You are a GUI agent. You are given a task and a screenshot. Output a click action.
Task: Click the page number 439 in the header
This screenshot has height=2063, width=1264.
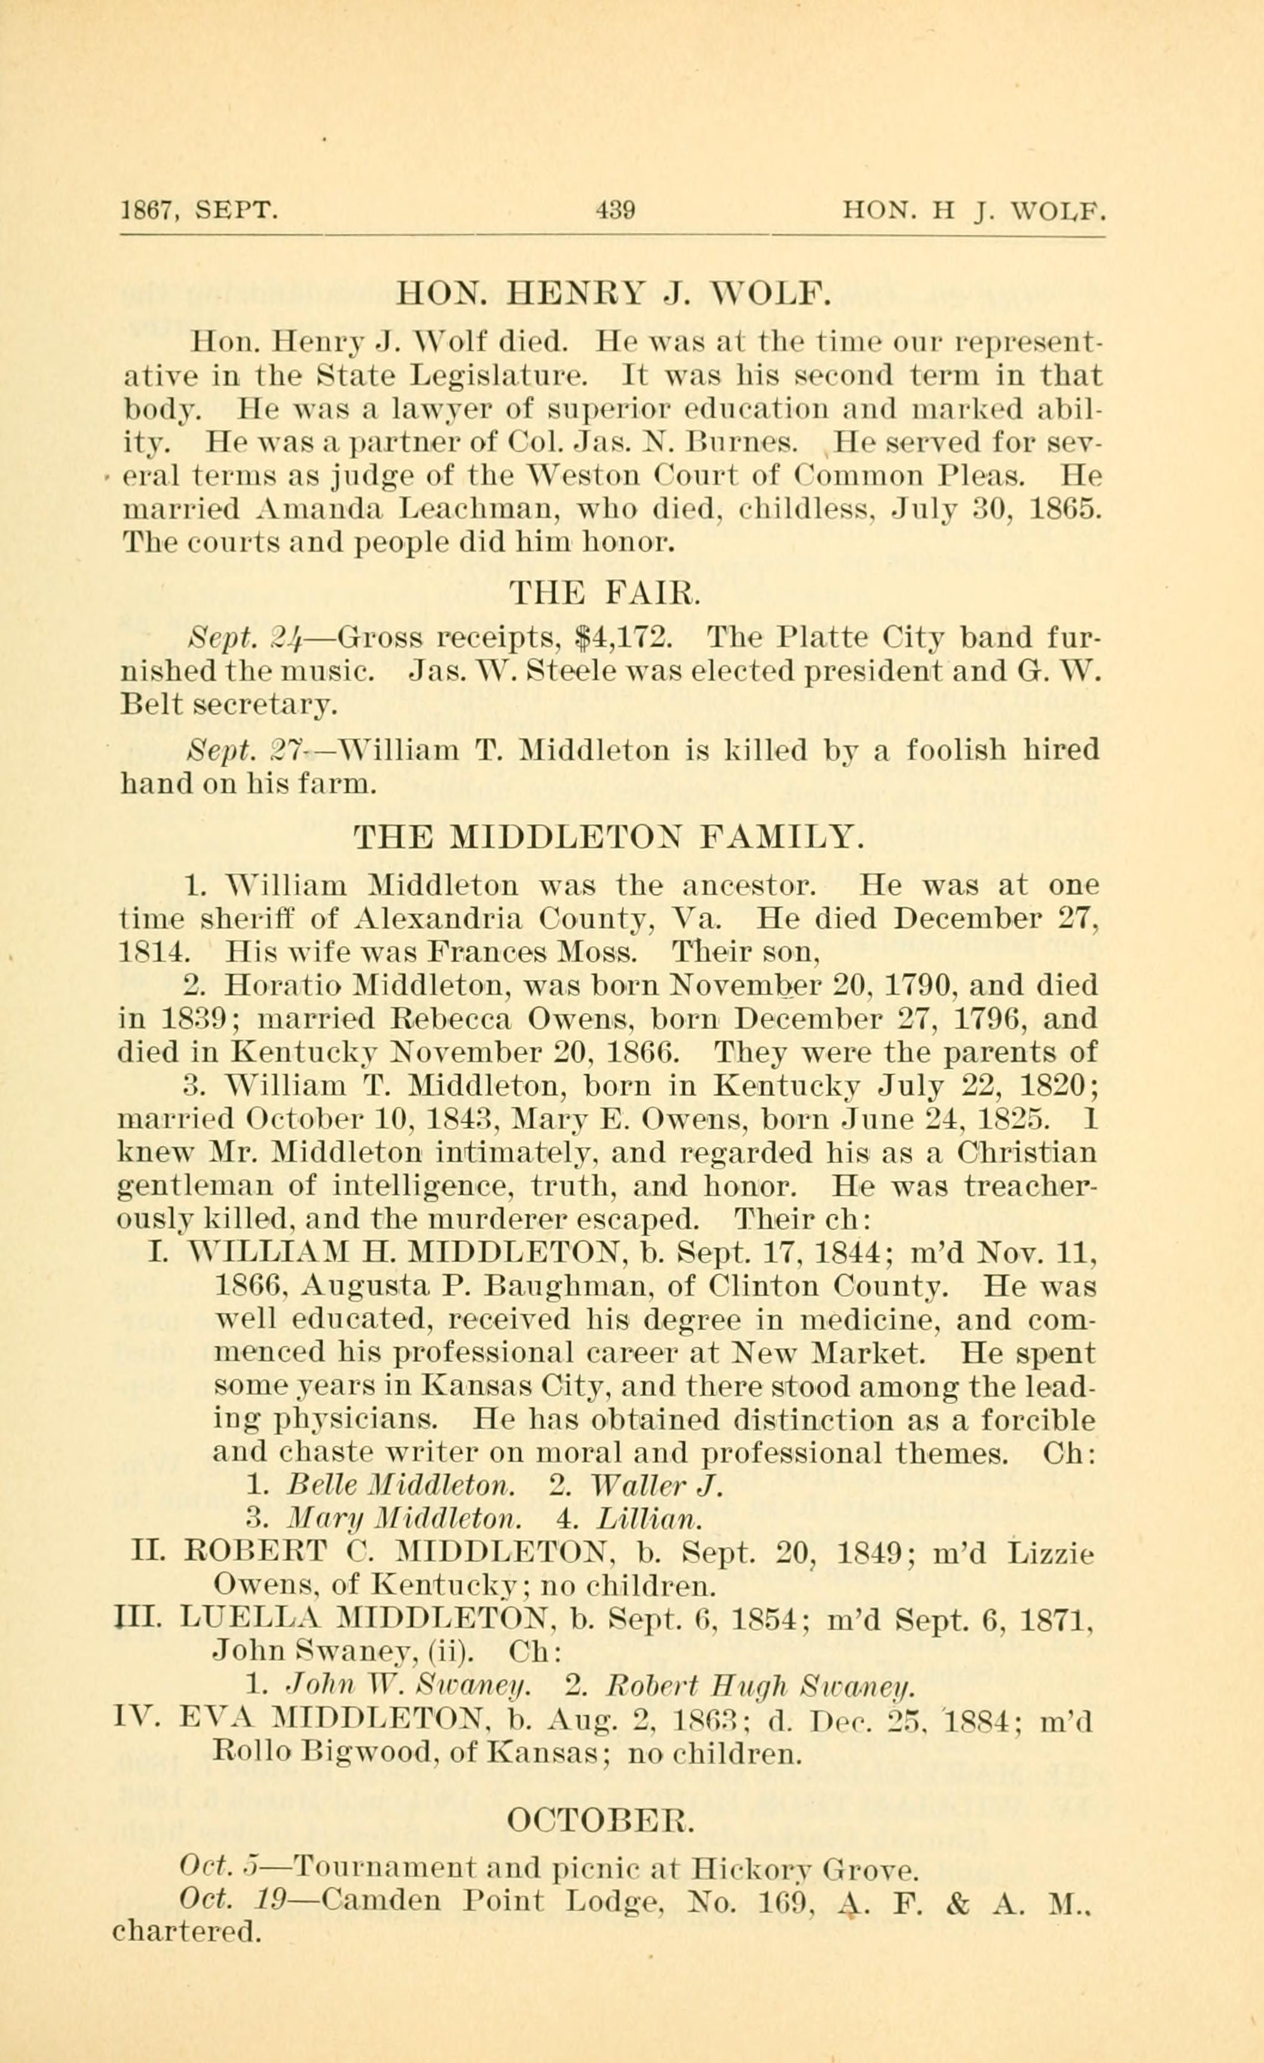(x=617, y=209)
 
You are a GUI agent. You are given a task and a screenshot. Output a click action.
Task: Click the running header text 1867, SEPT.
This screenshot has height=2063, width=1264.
(x=198, y=209)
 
